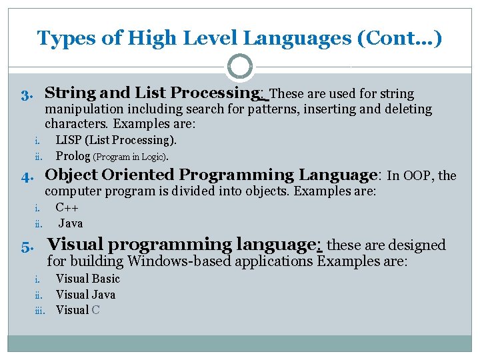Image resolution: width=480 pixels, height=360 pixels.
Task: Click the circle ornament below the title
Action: [240, 67]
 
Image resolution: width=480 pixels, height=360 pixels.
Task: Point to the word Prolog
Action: [73, 157]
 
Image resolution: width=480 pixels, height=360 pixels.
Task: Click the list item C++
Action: [68, 207]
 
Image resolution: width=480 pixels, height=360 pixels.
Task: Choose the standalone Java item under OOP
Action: [71, 223]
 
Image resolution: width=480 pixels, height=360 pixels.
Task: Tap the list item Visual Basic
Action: [87, 279]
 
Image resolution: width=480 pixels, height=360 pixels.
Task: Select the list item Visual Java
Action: [85, 295]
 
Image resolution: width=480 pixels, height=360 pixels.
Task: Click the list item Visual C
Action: [77, 310]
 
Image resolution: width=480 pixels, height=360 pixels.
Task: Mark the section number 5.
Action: [26, 246]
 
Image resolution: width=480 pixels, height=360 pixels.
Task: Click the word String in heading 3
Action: [69, 93]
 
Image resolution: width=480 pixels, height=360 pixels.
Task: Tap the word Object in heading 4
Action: [69, 175]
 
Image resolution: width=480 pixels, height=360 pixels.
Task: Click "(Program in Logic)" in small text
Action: [130, 157]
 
